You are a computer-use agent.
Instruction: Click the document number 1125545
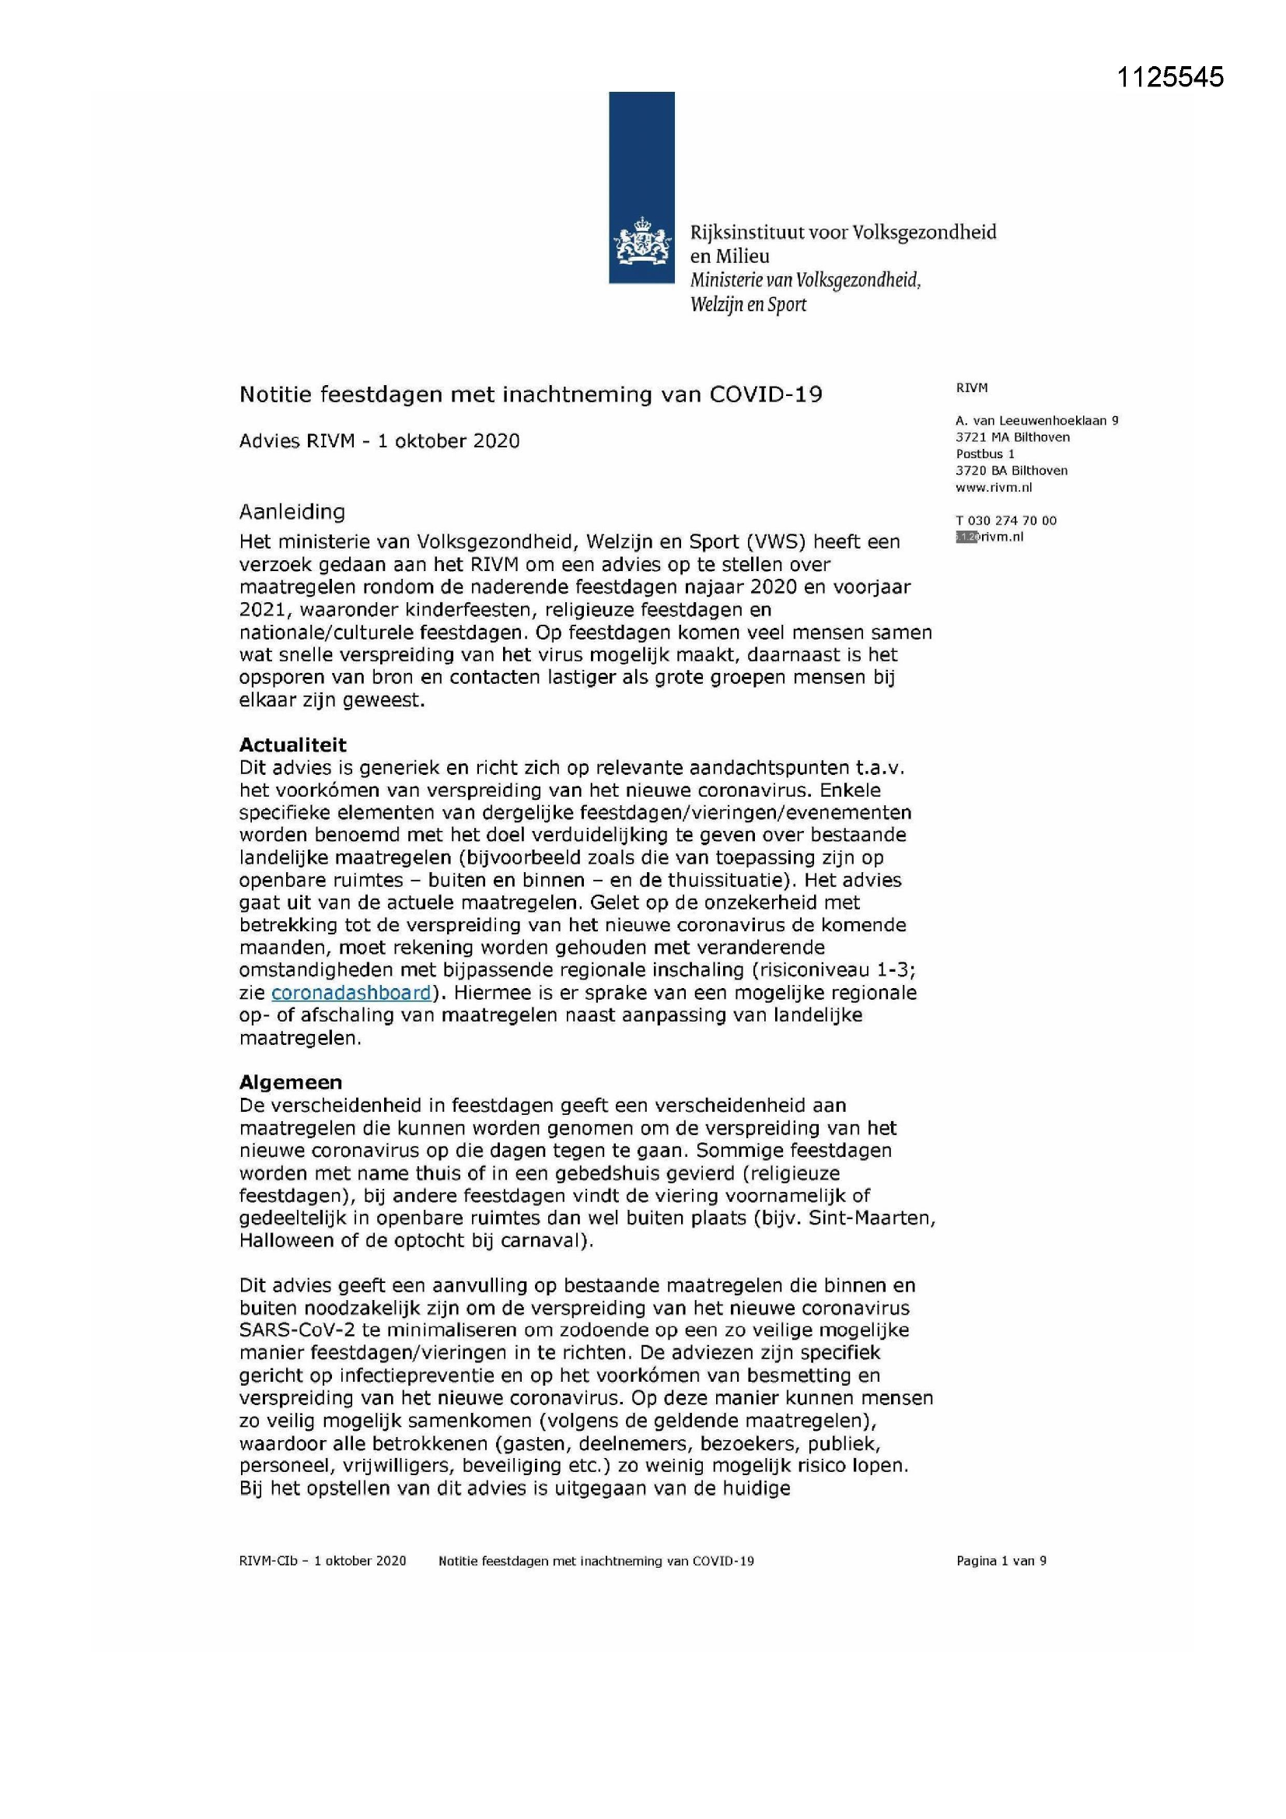[1169, 77]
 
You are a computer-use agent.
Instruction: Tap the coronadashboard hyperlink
[351, 993]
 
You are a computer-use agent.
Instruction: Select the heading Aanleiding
[292, 512]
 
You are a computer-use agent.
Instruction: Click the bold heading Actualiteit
[293, 745]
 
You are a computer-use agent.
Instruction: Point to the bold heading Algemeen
[291, 1082]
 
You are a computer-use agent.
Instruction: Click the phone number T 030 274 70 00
[1005, 520]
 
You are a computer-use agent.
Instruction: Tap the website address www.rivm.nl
[994, 487]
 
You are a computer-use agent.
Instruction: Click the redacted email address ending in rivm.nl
[990, 537]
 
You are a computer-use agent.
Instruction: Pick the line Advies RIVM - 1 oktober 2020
[379, 441]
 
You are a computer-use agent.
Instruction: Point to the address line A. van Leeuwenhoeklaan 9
[1036, 421]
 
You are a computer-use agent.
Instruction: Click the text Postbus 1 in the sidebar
[985, 454]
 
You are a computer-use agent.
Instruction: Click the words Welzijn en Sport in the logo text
[747, 304]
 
